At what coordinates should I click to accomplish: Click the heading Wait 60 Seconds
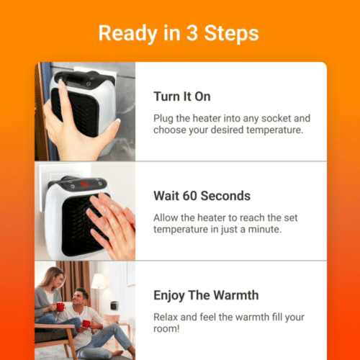(x=202, y=196)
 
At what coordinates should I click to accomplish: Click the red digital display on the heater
(x=84, y=185)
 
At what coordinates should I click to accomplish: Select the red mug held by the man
(x=86, y=324)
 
